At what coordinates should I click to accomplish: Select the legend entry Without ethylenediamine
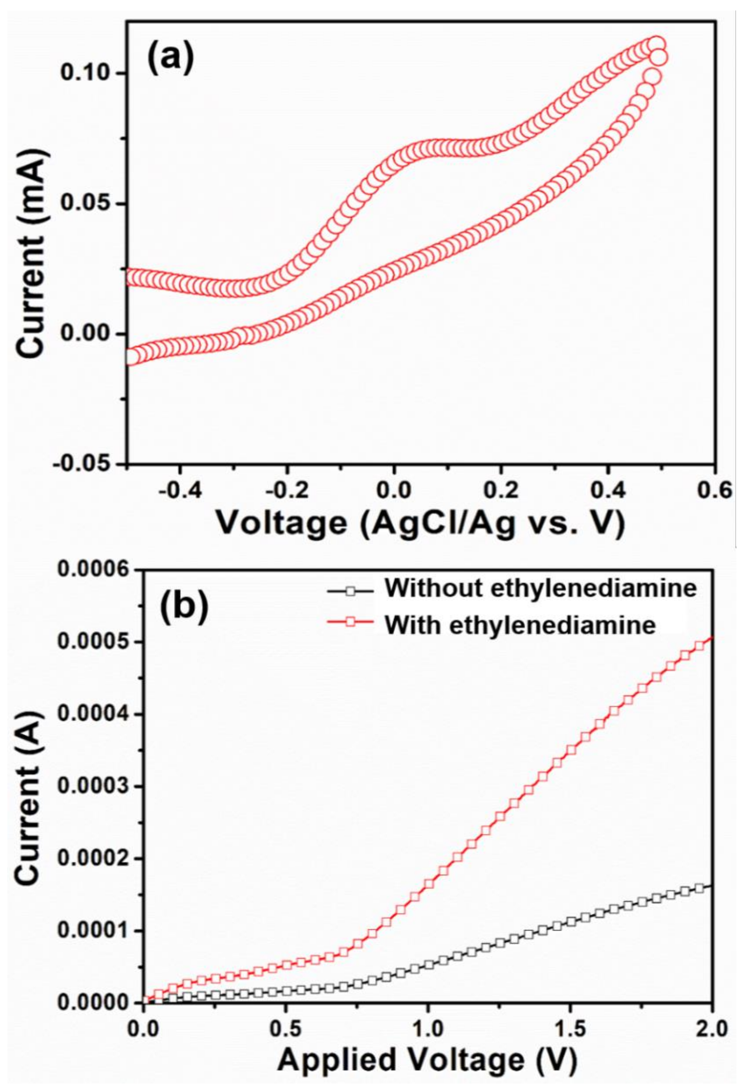pyautogui.click(x=540, y=588)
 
